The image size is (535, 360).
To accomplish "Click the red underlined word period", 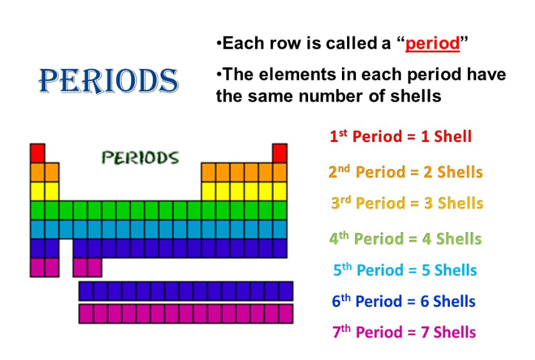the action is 433,44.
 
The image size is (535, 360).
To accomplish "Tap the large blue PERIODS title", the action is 109,81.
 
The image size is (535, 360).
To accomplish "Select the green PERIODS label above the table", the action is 140,158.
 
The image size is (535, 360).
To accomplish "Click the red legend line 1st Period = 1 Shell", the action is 401,136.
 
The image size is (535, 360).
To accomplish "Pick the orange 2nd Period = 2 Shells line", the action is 406,171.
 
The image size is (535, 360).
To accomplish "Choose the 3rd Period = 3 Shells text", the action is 407,203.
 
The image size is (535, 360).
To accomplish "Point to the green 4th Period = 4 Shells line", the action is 405,238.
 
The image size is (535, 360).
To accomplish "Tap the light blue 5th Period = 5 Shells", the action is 405,270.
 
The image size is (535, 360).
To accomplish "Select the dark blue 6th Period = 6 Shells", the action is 403,301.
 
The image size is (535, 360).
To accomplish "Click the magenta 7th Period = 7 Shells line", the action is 405,332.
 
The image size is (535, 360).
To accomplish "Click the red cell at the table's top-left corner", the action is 38,153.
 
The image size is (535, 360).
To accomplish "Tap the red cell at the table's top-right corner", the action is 279,153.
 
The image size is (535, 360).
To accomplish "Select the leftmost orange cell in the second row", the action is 38,172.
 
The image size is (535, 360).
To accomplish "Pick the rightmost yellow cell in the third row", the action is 280,191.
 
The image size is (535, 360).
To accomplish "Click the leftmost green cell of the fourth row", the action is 38,210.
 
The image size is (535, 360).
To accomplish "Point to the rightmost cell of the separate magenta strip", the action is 286,313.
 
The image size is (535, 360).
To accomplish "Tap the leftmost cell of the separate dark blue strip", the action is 86,291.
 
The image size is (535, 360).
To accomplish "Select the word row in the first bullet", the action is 285,43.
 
